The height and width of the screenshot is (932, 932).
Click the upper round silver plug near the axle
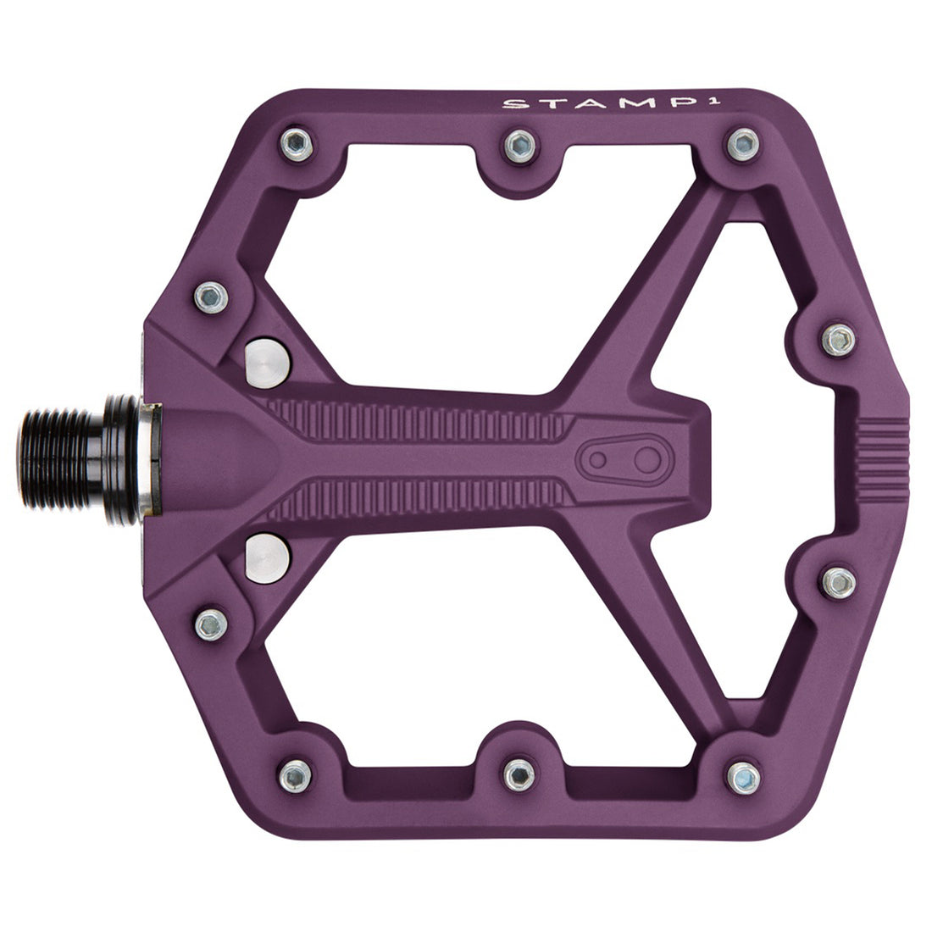click(x=267, y=362)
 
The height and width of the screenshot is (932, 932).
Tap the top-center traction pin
click(x=517, y=146)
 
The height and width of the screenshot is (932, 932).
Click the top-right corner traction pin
click(x=741, y=143)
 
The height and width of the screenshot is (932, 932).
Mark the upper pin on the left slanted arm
click(x=209, y=295)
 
